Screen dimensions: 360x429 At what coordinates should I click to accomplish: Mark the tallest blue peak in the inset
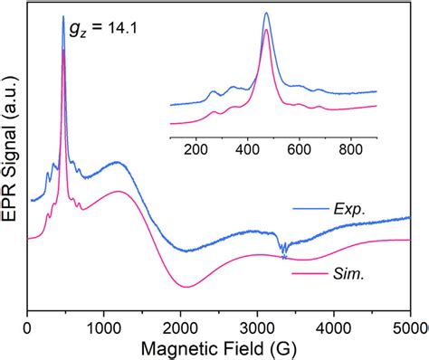(x=266, y=14)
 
